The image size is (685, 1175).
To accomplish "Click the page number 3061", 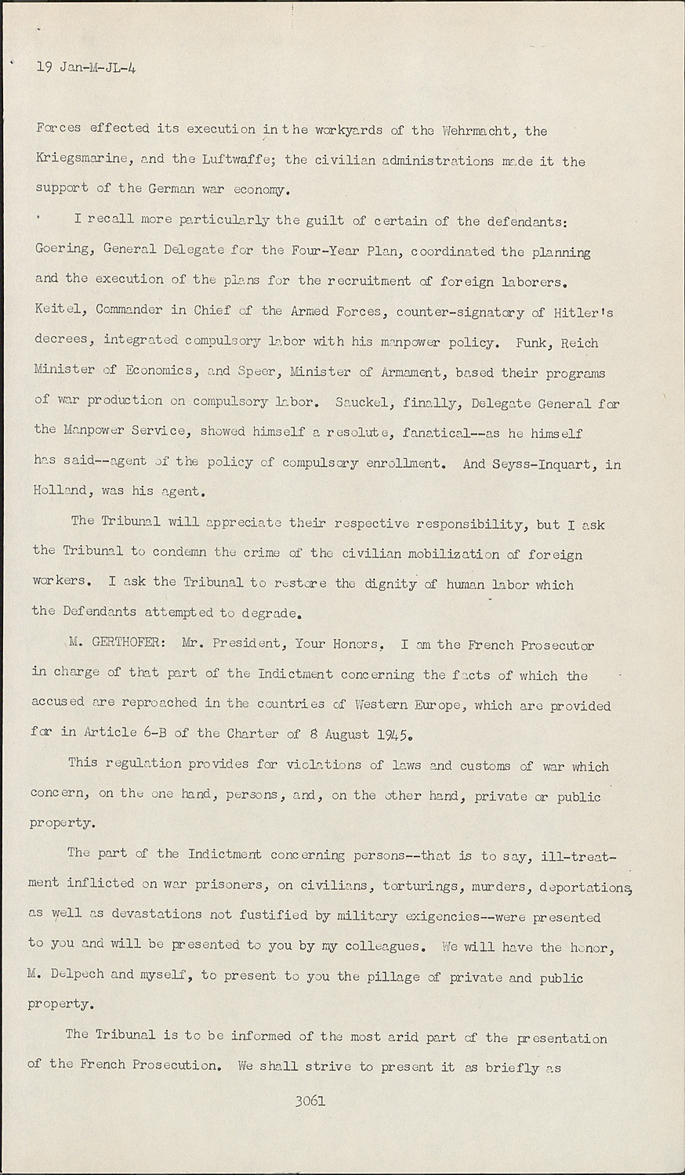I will (310, 1100).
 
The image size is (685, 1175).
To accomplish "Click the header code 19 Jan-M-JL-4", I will (86, 68).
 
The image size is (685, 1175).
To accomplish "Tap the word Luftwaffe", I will (236, 160).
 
